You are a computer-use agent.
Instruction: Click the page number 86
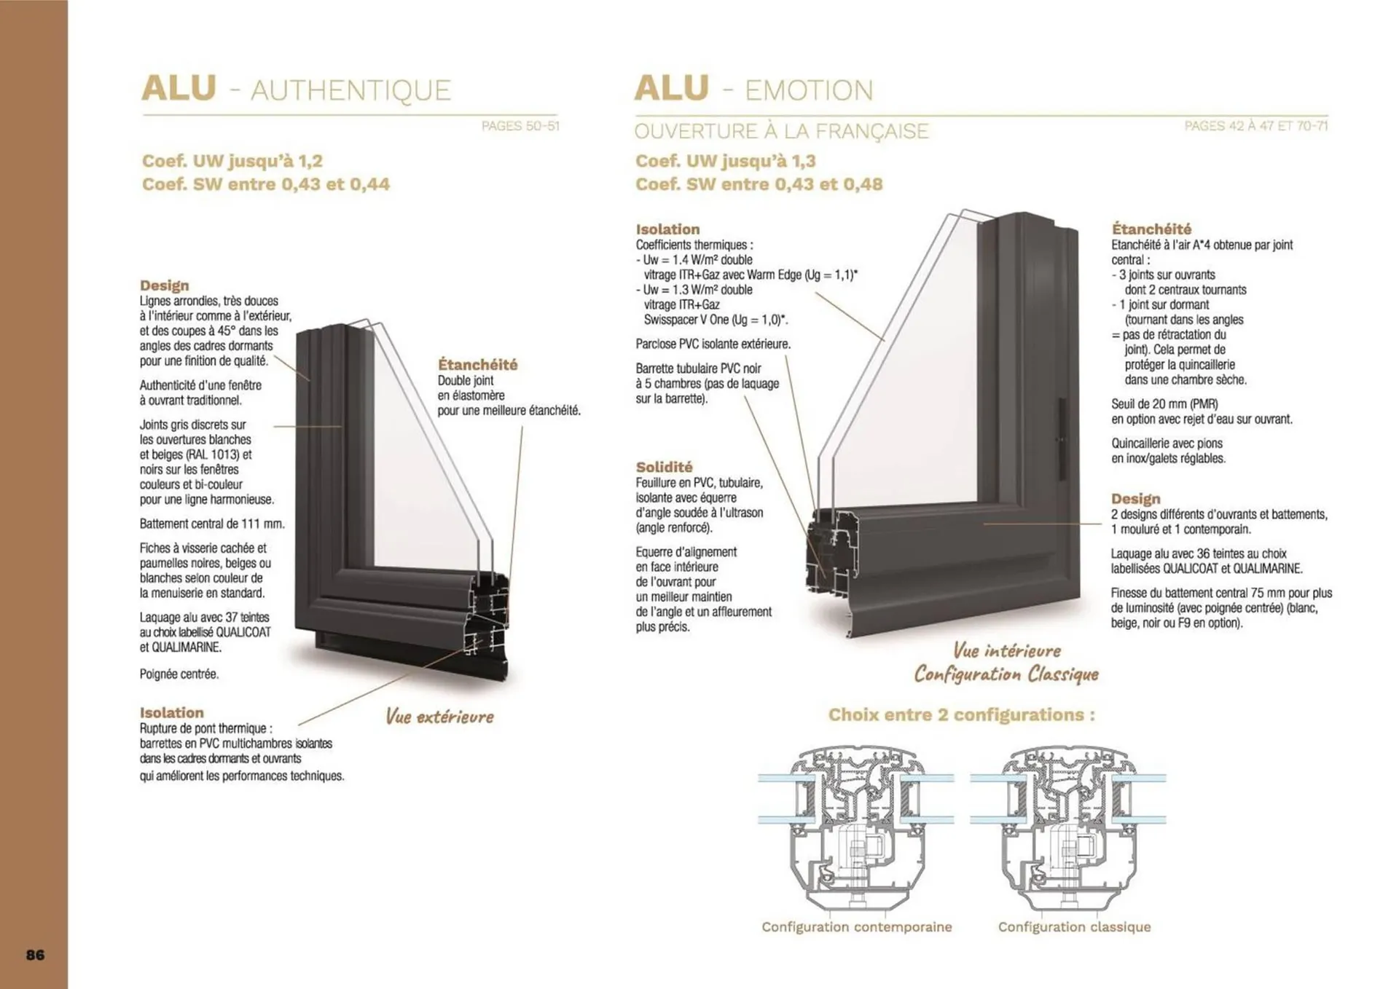coord(35,955)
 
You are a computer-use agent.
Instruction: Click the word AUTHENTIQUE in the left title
coord(350,90)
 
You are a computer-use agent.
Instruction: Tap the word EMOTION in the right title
coord(809,90)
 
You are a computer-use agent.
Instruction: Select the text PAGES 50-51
coord(520,126)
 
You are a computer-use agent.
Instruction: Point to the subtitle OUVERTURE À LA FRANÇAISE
coord(781,131)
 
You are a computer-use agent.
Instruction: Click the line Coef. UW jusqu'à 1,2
coord(232,161)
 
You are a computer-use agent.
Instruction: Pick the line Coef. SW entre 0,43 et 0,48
coord(759,184)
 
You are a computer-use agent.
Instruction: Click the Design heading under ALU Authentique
coord(164,285)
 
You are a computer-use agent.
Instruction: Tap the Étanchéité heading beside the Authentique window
coord(477,364)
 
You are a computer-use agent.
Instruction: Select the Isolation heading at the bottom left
coord(171,712)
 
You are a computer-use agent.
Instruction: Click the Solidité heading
coord(664,467)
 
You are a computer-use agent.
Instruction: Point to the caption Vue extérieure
coord(439,717)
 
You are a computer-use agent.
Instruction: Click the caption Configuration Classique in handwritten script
coord(1006,674)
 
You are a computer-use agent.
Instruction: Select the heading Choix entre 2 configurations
coord(961,714)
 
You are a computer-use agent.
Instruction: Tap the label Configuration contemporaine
coord(856,927)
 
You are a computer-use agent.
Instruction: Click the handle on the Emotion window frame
coord(1062,439)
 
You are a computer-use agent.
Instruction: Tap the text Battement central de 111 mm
coord(212,524)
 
